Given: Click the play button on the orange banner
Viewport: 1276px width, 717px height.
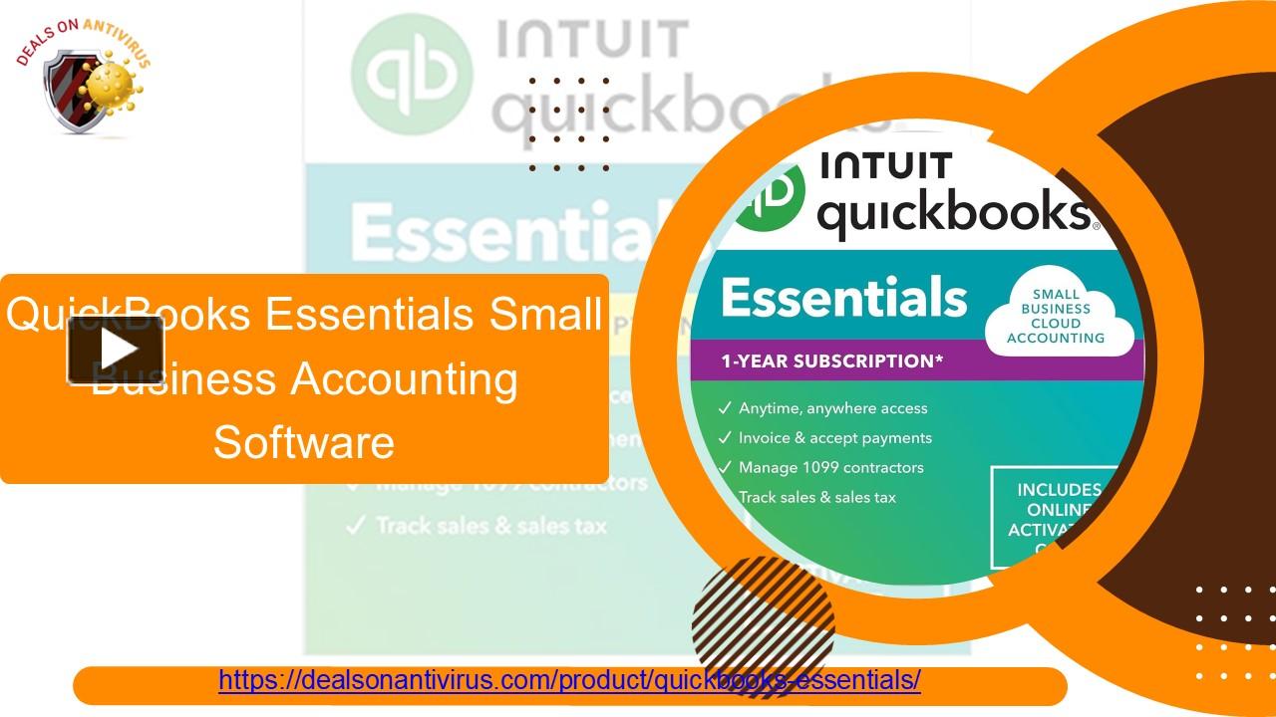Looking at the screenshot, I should [x=116, y=350].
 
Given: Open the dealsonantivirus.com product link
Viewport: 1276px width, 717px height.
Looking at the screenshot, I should [x=569, y=681].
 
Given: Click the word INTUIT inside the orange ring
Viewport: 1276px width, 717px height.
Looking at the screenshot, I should [x=886, y=166].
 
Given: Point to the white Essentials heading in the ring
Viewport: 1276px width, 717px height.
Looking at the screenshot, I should [x=843, y=298].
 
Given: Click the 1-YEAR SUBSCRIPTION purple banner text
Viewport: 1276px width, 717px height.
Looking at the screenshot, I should [x=831, y=361].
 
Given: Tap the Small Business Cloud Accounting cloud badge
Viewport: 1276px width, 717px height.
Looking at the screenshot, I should [x=1056, y=317].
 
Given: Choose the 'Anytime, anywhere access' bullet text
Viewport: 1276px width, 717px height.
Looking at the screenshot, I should [x=832, y=408].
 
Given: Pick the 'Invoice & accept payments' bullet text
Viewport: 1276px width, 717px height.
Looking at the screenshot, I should [x=834, y=438].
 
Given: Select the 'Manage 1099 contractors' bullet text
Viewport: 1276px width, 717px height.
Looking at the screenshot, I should [x=830, y=468].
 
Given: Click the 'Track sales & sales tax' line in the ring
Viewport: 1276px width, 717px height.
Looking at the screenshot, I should [x=816, y=497].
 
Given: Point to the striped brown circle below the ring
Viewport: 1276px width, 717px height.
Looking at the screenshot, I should [x=763, y=612].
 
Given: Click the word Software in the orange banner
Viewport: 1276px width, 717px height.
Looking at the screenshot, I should [x=304, y=441].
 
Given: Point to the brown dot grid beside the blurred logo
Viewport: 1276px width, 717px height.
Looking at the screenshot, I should [x=569, y=124].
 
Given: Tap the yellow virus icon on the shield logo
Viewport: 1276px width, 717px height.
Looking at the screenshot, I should [x=113, y=88].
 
